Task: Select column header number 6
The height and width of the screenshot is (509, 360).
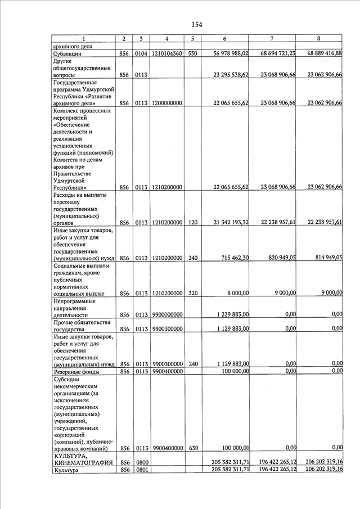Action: point(224,39)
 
